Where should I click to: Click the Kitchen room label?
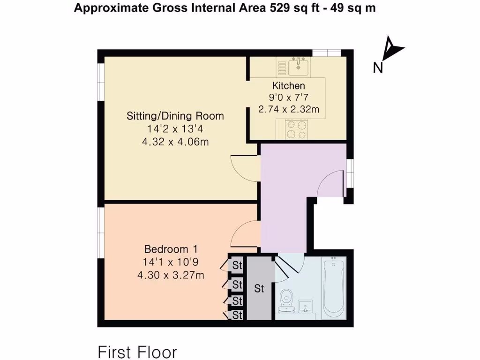coord(289,86)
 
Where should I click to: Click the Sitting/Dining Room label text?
coord(175,116)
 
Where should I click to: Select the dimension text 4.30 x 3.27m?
coord(171,275)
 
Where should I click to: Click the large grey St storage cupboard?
coord(260,289)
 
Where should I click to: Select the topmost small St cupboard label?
coord(237,266)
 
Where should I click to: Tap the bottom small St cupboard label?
coord(237,315)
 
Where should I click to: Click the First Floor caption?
coord(137,352)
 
